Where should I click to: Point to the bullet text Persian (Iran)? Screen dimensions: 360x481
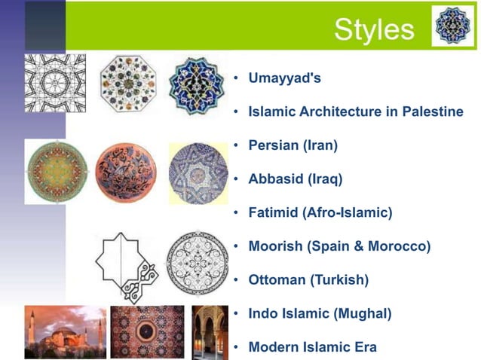pyautogui.click(x=293, y=145)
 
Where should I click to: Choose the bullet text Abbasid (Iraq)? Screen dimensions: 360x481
pyautogui.click(x=295, y=179)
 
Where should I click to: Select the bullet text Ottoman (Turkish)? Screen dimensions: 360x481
pyautogui.click(x=308, y=280)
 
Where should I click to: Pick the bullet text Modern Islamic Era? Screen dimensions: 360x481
pyautogui.click(x=312, y=347)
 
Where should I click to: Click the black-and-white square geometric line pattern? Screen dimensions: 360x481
pyautogui.click(x=55, y=83)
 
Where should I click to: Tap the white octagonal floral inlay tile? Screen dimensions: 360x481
pyautogui.click(x=126, y=83)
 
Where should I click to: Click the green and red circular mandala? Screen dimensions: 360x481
pyautogui.click(x=56, y=171)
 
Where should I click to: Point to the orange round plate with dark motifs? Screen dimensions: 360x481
pyautogui.click(x=125, y=172)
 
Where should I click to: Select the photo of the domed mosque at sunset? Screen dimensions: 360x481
pyautogui.click(x=65, y=331)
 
